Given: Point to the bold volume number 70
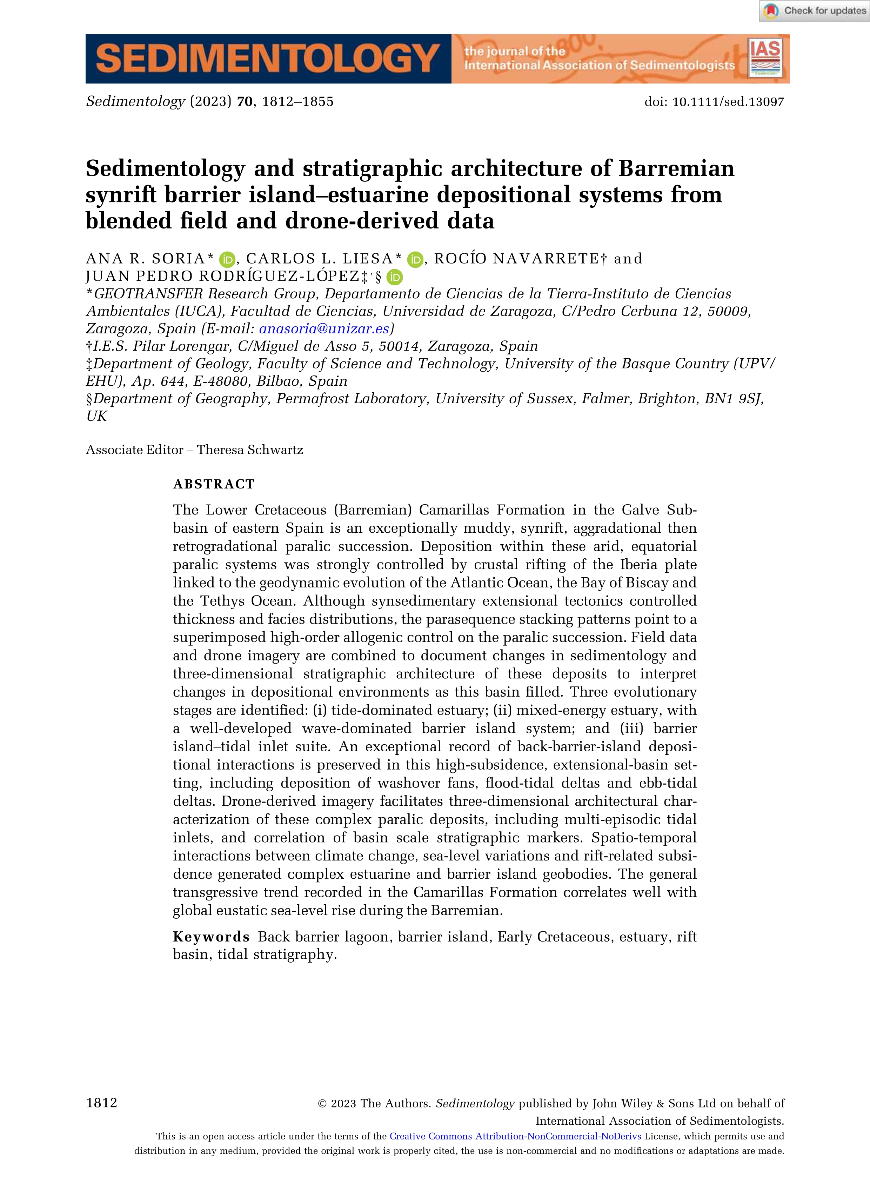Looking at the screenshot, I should coord(245,102).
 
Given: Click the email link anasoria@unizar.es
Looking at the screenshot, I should coord(324,329).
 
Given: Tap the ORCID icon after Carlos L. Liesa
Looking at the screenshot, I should coord(415,259).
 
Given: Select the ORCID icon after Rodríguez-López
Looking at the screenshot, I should coord(394,277).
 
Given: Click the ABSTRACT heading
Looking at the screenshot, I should coord(214,484).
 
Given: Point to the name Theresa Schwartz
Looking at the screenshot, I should coord(250,450).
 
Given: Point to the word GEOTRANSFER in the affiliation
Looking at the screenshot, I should coord(148,294).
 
